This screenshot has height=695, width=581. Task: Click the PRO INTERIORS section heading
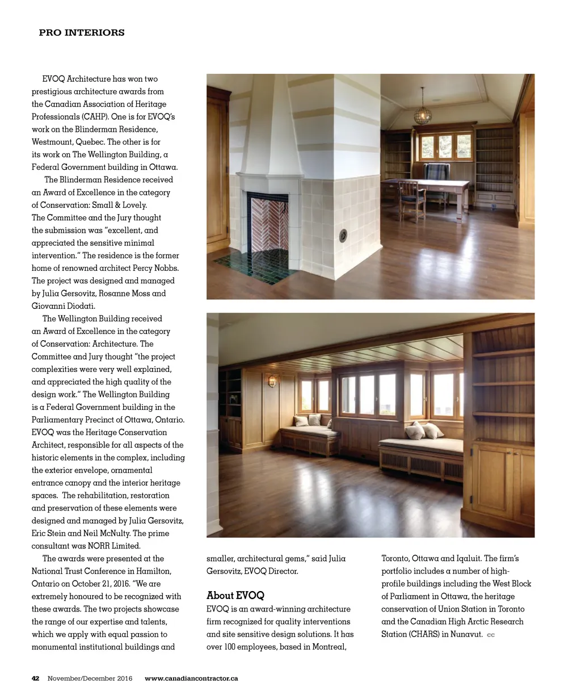[82, 33]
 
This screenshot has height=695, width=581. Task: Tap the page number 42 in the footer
[35, 679]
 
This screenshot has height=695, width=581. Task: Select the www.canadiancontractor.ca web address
[191, 679]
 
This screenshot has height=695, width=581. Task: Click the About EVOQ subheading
[235, 596]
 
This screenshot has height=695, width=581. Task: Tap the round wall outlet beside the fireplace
[343, 235]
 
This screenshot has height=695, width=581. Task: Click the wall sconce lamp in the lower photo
[272, 380]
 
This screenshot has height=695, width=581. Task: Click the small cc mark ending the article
[491, 635]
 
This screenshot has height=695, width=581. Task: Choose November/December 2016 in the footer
[90, 679]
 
